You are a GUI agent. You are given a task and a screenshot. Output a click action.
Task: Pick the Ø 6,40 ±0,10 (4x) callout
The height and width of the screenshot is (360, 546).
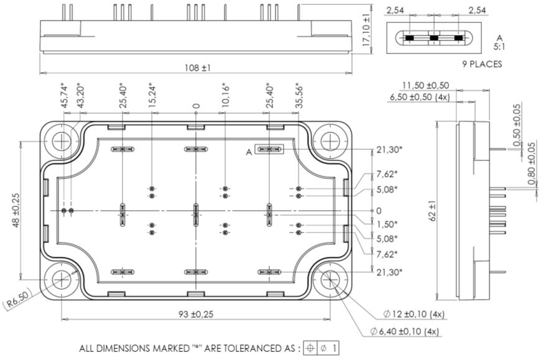(412, 332)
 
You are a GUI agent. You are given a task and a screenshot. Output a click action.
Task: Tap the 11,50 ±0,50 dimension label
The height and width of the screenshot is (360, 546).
(425, 85)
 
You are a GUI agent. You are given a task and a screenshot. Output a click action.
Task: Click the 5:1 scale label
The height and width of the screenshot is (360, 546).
(501, 46)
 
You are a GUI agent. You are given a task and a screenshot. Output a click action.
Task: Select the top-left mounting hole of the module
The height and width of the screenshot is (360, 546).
(62, 142)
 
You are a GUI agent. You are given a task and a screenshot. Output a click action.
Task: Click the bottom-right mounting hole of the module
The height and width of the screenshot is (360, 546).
(330, 281)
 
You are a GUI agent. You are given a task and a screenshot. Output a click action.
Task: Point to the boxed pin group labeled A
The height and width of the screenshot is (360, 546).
(269, 150)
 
